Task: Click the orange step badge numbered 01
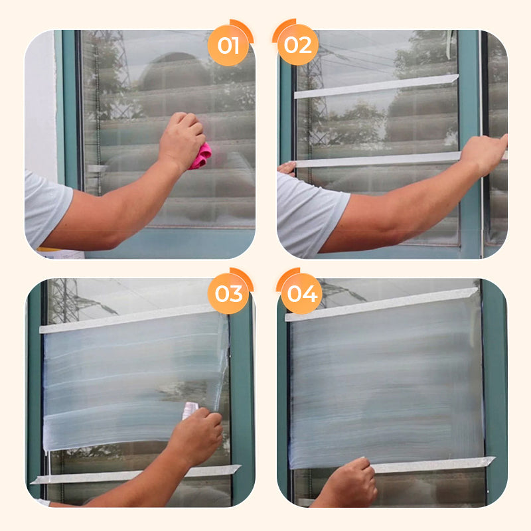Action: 228,45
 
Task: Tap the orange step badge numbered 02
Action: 297,44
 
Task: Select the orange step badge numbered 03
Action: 228,293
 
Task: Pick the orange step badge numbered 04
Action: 302,293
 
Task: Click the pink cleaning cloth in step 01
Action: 201,156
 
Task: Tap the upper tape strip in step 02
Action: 376,87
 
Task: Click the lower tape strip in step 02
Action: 378,160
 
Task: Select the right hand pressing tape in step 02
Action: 484,154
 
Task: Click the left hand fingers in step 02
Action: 287,169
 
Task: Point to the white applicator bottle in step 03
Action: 190,410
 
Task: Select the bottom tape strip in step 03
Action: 135,474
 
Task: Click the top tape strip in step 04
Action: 381,304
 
